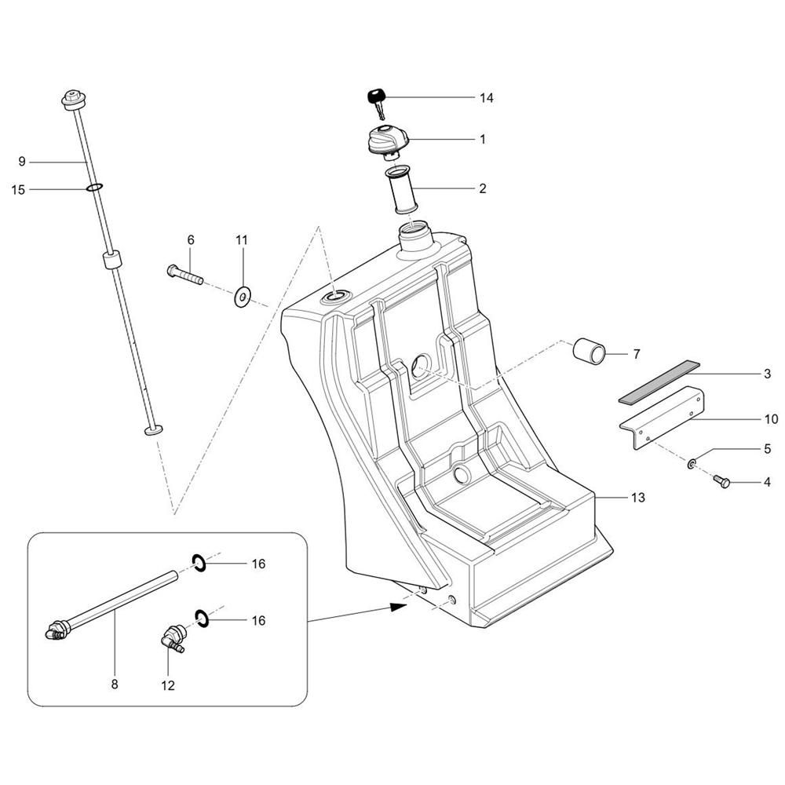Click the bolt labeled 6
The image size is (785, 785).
coord(184,274)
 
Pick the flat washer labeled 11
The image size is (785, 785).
coord(243,298)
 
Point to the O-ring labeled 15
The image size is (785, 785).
coord(94,188)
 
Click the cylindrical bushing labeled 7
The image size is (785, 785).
coord(590,352)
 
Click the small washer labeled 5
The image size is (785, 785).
coord(692,464)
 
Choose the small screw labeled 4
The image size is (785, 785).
coord(721,482)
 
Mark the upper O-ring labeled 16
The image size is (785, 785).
coord(199,563)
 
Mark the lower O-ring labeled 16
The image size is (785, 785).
coord(201,619)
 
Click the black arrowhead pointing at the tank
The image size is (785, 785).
coord(399,606)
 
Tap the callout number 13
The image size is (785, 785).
coord(637,498)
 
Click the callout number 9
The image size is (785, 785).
coord(21,162)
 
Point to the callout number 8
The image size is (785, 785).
coord(115,684)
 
